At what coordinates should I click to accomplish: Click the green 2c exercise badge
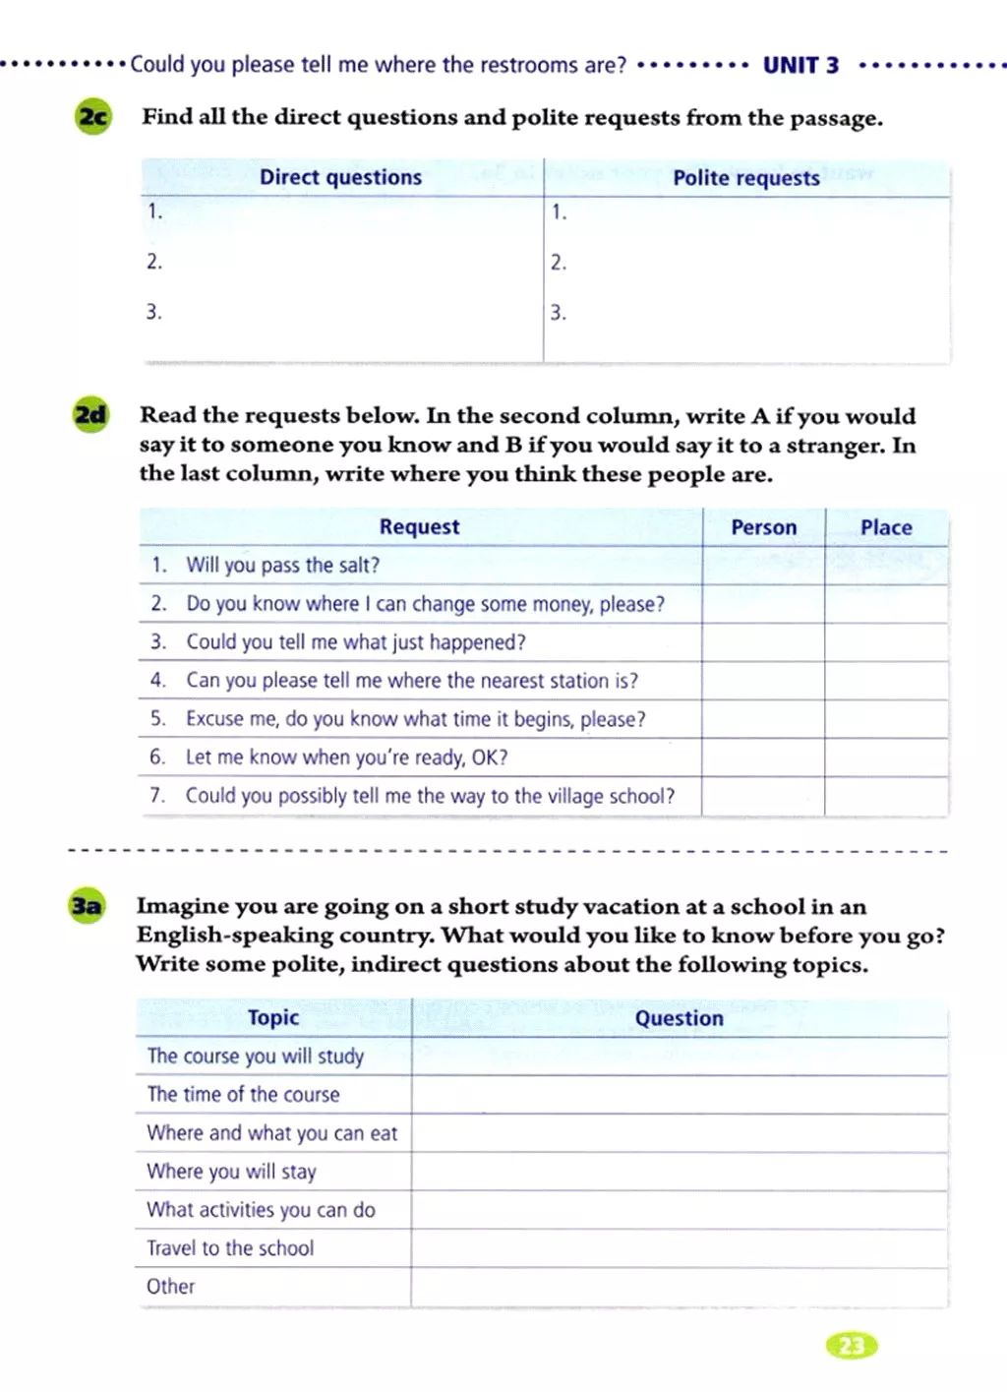[92, 117]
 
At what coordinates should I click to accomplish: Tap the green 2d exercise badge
[90, 414]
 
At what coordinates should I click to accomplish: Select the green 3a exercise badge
[87, 905]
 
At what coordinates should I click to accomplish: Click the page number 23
[852, 1345]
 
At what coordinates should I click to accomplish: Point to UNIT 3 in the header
[800, 66]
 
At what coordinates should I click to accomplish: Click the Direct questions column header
[340, 177]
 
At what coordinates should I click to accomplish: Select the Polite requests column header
[745, 178]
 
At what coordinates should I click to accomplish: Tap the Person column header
[763, 527]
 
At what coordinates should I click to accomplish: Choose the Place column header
[886, 527]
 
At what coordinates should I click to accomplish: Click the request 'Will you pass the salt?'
[282, 565]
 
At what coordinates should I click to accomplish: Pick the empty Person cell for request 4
[763, 681]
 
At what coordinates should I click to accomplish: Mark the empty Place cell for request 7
[886, 796]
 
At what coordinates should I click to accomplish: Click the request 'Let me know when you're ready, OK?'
[346, 757]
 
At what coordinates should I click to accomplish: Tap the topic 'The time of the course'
[243, 1094]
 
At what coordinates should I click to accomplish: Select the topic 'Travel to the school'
[230, 1248]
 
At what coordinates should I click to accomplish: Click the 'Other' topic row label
[171, 1287]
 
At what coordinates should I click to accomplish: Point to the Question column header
[679, 1018]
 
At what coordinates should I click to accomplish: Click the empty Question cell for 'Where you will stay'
[679, 1172]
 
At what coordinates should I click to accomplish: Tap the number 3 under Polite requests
[558, 313]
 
